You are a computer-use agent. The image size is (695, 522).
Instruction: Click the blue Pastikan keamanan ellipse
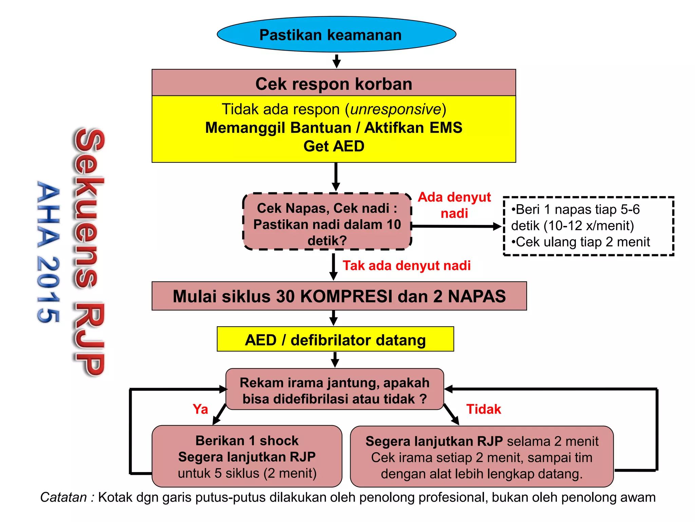(x=336, y=35)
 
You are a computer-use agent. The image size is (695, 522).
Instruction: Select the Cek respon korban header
(x=334, y=84)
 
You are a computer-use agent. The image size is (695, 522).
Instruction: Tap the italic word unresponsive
(x=395, y=109)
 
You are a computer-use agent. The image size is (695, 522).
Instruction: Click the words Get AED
(x=334, y=146)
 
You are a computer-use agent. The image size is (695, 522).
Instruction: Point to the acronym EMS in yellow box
(x=446, y=128)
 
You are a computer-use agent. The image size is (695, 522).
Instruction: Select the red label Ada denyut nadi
(x=454, y=205)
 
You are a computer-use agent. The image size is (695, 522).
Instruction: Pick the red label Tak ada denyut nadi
(x=406, y=266)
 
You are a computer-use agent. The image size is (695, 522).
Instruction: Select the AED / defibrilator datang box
(x=335, y=340)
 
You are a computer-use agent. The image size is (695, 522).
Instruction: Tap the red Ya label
(x=200, y=409)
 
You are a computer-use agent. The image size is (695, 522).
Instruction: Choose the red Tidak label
(x=483, y=409)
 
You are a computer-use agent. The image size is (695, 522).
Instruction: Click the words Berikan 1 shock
(x=247, y=441)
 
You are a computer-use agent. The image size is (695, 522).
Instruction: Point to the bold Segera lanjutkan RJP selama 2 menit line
(x=482, y=441)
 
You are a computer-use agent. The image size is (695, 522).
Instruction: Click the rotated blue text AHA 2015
(x=48, y=251)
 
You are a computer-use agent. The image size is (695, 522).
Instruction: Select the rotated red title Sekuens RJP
(x=89, y=251)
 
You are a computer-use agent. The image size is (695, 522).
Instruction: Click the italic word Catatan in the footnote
(x=63, y=498)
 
